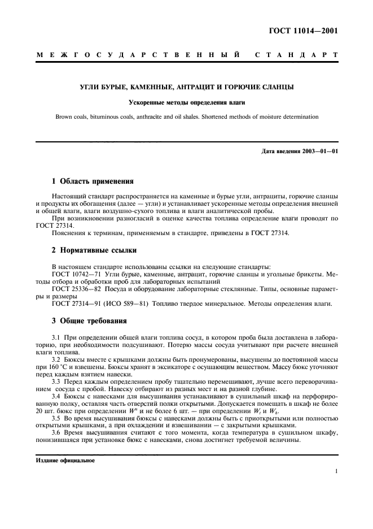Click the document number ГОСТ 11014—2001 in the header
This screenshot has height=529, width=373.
coord(305,31)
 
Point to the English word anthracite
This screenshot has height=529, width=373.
coord(172,117)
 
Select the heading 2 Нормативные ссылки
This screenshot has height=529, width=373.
coord(93,250)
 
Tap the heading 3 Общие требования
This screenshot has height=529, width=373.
coord(89,321)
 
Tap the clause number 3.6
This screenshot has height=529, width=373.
coord(56,432)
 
